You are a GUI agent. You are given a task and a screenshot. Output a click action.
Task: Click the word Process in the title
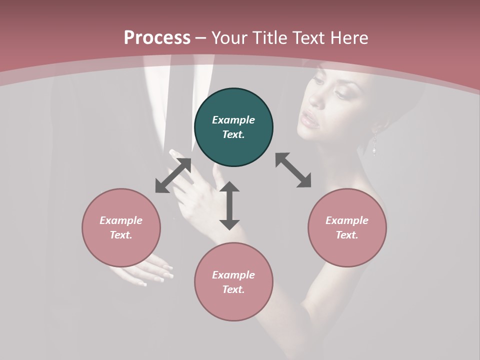point(157,38)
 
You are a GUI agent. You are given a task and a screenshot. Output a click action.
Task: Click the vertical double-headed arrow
point(229,205)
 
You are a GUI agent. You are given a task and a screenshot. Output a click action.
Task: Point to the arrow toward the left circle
point(173,175)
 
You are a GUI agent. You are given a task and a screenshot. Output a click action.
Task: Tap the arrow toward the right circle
point(293,170)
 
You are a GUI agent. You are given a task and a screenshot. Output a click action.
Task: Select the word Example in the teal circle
point(233,120)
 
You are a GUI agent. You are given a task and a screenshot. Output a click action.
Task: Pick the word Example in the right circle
point(347,220)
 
